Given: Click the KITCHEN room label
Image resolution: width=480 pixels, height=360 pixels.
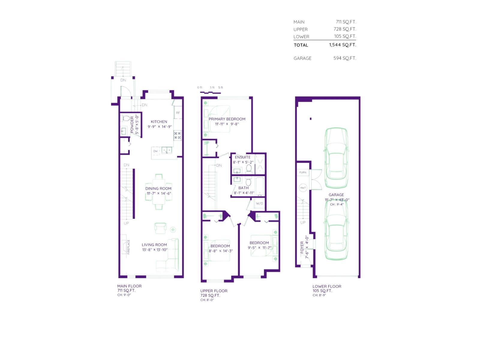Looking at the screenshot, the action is (159, 122).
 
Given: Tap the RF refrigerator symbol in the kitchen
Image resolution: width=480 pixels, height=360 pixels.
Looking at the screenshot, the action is (178, 113).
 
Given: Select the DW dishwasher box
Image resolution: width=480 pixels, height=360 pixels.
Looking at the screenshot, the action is (155, 151).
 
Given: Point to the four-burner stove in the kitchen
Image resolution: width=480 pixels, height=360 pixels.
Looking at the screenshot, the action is (177, 135).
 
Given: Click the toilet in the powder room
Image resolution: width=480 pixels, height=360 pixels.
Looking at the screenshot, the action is (126, 118).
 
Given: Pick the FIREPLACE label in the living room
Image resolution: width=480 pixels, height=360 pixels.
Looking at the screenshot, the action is (128, 247).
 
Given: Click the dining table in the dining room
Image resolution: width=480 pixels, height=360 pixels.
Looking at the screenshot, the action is (159, 192).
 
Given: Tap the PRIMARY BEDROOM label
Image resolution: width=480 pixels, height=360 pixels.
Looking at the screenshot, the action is (227, 119).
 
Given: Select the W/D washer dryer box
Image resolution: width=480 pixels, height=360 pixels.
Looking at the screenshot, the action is (259, 203).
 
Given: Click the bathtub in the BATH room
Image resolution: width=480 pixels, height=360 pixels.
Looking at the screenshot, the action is (260, 186).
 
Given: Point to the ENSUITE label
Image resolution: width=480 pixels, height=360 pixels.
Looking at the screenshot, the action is (242, 157).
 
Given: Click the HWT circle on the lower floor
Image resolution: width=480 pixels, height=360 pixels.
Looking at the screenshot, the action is (303, 188).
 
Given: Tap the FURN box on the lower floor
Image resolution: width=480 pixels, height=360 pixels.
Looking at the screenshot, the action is (303, 172).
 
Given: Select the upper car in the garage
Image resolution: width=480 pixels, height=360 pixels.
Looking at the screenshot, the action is (336, 158).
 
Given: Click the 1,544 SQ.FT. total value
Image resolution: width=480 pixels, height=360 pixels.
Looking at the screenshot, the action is (343, 45).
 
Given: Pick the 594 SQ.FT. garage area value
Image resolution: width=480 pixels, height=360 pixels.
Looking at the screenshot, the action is (345, 58).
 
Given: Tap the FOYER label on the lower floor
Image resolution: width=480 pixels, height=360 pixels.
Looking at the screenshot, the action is (302, 247).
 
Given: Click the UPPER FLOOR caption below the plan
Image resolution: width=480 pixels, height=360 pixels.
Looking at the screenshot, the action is (214, 291).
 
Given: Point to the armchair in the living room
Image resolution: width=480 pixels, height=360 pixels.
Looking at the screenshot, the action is (160, 228).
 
